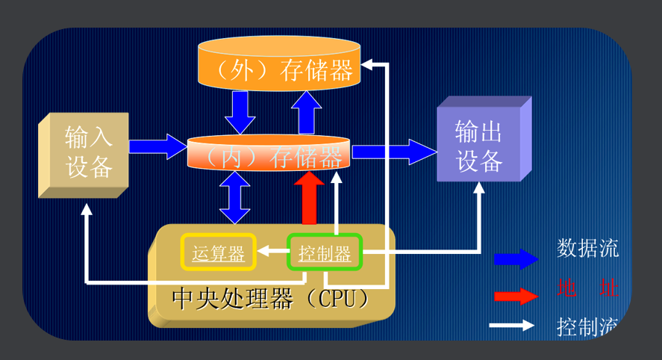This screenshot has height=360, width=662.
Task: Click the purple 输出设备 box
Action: pos(479,146)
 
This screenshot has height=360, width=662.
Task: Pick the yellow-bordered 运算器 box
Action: pos(219,253)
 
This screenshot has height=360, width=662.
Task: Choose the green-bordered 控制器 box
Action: pos(325,253)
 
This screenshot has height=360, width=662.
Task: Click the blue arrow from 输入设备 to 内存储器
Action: pos(157,145)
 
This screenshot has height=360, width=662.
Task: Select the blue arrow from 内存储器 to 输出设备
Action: pos(394,152)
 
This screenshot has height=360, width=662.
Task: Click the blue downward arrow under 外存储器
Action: pos(241,112)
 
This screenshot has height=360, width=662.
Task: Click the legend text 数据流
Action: pos(587,249)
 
